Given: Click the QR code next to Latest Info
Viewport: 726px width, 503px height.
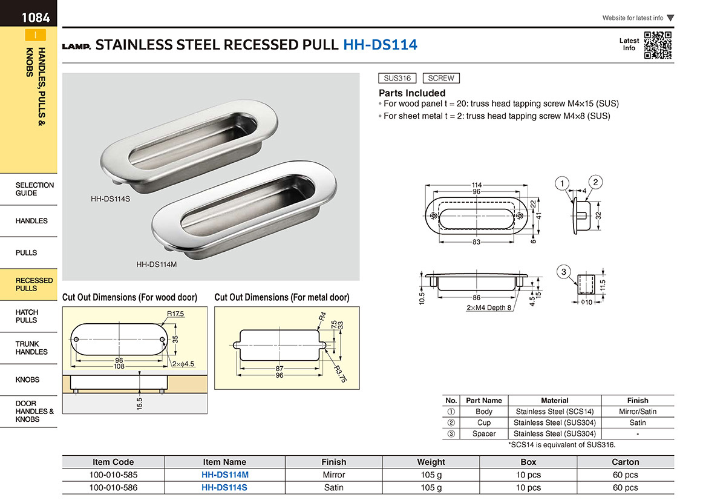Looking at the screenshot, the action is coord(658,45).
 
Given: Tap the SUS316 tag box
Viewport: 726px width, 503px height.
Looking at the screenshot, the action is coord(397,78).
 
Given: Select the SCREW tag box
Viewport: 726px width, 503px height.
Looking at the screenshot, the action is coord(441,78).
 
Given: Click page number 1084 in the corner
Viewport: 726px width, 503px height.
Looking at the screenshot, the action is coord(36,18).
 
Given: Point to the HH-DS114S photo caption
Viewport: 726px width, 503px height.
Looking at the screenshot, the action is coord(110,199).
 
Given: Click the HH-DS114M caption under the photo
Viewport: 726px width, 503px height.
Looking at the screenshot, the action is coord(157,265).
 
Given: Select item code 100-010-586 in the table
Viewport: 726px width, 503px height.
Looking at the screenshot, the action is coord(114,487).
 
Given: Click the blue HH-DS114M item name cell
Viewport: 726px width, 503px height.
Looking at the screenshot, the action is coord(225,475).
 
